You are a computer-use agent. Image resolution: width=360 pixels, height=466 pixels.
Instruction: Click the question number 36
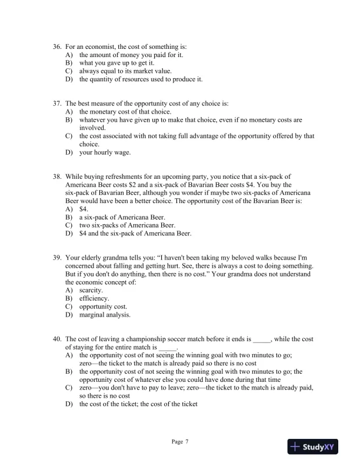(x=57, y=46)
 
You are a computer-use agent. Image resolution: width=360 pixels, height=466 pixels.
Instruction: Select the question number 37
(x=57, y=103)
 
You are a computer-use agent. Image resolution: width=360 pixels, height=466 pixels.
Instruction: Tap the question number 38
(x=57, y=176)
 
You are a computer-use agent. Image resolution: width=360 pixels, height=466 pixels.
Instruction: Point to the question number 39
(x=57, y=258)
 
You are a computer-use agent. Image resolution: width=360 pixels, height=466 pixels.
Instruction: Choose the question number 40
(x=57, y=339)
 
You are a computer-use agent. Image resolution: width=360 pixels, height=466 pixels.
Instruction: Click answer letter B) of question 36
(x=69, y=62)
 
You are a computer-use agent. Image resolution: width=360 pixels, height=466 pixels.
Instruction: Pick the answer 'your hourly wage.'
(x=105, y=152)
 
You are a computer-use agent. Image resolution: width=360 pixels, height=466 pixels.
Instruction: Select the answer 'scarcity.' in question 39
(x=91, y=290)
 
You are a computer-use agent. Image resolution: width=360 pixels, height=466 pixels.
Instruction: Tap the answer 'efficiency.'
(x=94, y=298)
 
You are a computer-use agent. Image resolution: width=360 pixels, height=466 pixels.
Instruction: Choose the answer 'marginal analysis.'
(x=105, y=315)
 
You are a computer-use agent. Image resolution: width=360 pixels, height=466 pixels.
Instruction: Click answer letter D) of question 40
(x=69, y=404)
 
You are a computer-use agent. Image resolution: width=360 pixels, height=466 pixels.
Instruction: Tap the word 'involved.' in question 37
(x=92, y=128)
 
